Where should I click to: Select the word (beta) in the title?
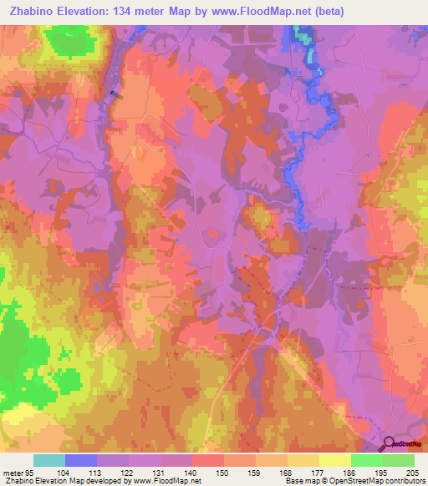point(325,11)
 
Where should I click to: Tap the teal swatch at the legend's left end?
point(49,460)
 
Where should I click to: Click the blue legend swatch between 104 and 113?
point(81,460)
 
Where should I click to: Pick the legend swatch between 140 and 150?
point(208,460)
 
